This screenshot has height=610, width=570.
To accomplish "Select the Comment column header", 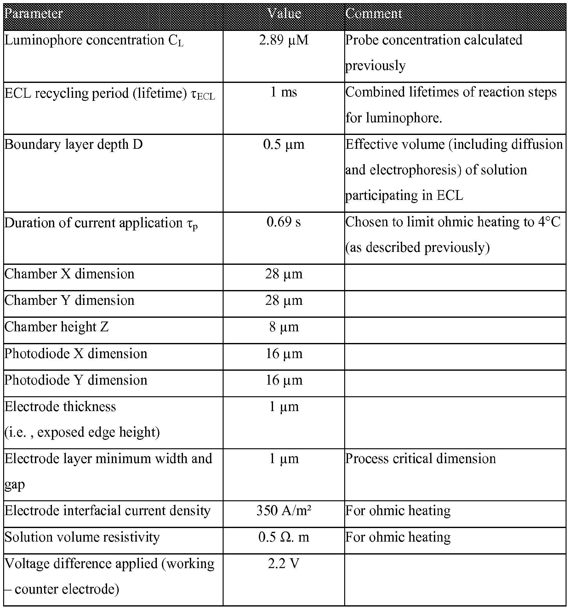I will (x=373, y=14).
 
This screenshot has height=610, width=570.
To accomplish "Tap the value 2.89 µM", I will (x=284, y=40).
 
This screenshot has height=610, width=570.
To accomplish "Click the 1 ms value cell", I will (x=284, y=92).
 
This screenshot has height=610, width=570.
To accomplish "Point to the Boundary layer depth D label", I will (x=73, y=144).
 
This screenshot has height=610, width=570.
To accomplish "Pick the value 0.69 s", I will (x=284, y=222).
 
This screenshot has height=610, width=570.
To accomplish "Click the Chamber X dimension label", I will (x=69, y=274).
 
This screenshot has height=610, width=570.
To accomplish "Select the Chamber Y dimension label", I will (x=69, y=300).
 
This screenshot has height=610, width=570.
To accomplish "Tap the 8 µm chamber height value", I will (x=284, y=327).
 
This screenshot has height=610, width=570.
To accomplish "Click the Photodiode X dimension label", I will (x=76, y=353).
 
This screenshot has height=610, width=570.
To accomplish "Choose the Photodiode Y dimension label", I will (x=76, y=380).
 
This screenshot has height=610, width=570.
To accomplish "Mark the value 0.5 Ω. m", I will (x=284, y=537).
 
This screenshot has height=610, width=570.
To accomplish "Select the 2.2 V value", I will (x=284, y=563).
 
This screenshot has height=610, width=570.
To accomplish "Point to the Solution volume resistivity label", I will (x=82, y=537).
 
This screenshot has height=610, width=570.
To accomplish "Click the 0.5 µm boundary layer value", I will (x=284, y=144).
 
